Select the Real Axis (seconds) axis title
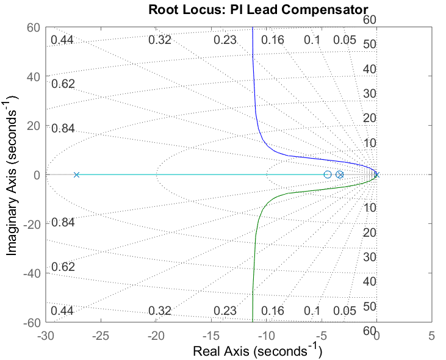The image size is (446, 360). (x=257, y=351)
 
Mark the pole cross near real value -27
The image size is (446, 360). (x=76, y=175)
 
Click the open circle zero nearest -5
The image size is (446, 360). (x=328, y=175)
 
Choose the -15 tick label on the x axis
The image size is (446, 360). (x=211, y=336)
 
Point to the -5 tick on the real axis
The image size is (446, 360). (x=322, y=336)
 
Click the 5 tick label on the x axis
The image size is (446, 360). (x=432, y=336)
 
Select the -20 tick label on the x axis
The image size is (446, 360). (x=156, y=336)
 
